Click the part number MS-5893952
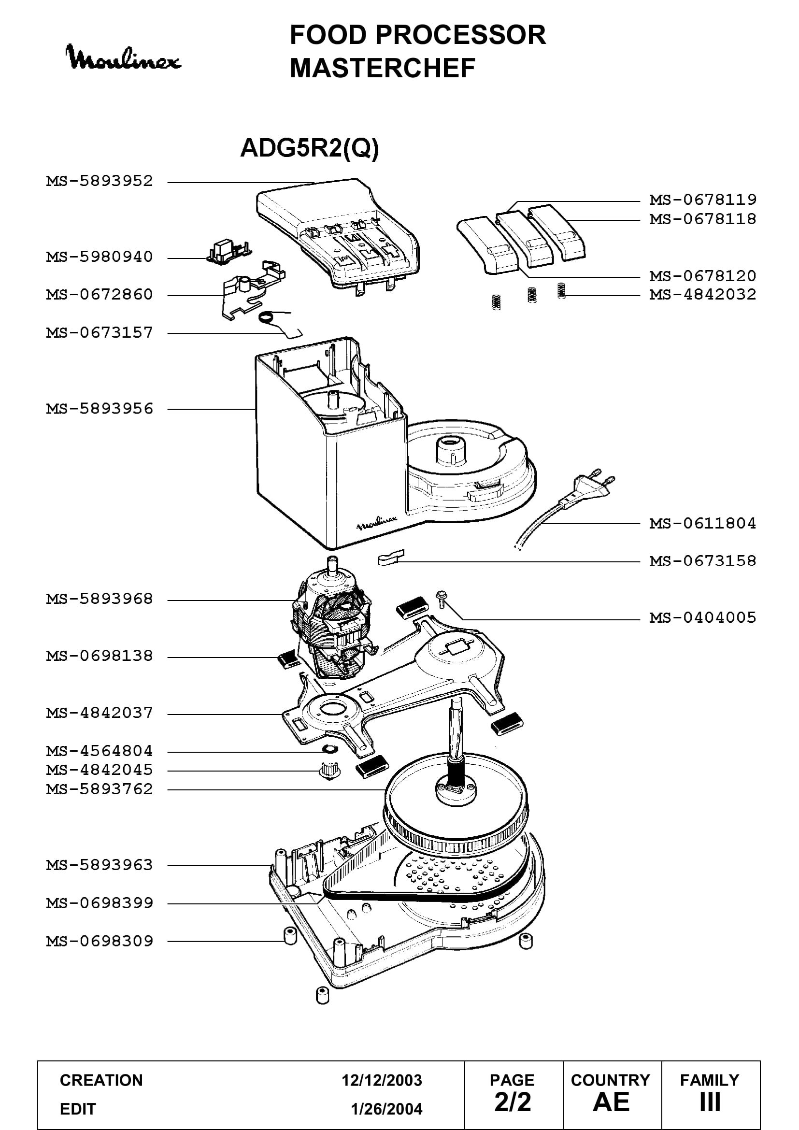tap(100, 181)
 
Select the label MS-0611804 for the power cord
tap(702, 523)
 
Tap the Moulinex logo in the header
tap(123, 58)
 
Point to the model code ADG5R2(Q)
tap(310, 147)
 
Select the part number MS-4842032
tap(702, 294)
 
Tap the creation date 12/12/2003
tap(382, 1080)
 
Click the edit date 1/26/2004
tap(386, 1109)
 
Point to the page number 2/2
tap(513, 1102)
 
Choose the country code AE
tap(611, 1102)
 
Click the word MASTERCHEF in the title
tap(382, 68)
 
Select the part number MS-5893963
tap(100, 865)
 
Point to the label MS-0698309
tap(100, 942)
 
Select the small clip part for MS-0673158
tap(391, 558)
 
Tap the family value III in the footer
tap(710, 1102)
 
